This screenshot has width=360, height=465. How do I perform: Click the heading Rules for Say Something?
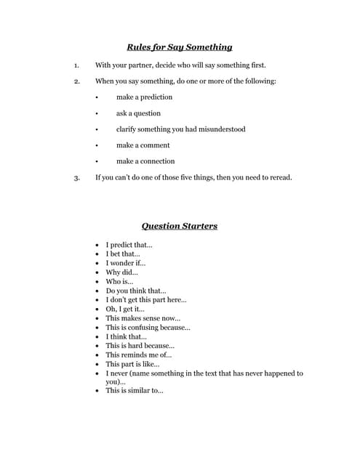pos(179,47)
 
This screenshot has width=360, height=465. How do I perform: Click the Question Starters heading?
pos(179,226)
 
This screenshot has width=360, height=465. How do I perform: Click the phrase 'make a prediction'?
pos(144,97)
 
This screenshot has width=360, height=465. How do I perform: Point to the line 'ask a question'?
pos(138,113)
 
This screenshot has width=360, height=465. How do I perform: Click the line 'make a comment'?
pos(143,145)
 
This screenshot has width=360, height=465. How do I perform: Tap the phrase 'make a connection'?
pos(145,161)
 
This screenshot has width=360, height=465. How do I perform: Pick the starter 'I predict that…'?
pos(129,246)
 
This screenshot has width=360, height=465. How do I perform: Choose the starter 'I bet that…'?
pos(123,254)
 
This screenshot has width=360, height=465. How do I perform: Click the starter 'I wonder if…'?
pos(125,264)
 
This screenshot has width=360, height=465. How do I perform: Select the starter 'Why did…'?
pos(121,272)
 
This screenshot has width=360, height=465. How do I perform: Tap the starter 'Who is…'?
pos(119,282)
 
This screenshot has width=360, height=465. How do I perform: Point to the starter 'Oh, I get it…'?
pos(125,309)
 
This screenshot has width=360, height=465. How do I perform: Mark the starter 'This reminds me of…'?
pos(138,355)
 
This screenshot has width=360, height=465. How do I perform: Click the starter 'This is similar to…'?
pos(134,391)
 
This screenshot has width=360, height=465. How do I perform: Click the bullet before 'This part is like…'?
pos(97,364)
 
